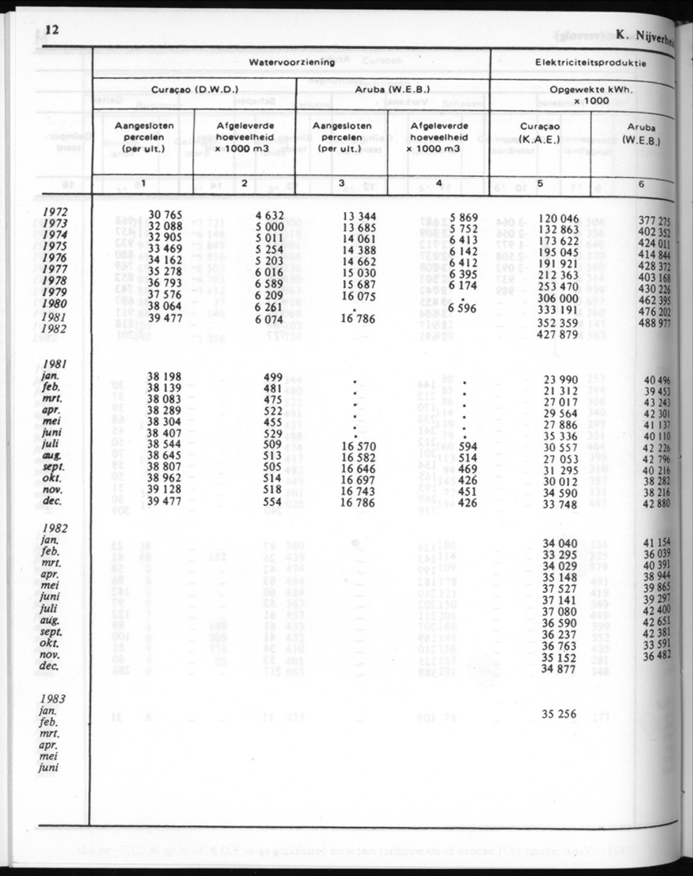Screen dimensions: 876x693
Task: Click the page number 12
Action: [x=53, y=31]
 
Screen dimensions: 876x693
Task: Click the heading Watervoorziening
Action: [x=291, y=62]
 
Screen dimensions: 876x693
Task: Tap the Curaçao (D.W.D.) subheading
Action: [x=194, y=89]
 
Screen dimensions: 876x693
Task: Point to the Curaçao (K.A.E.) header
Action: [x=540, y=133]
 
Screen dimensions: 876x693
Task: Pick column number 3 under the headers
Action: [x=342, y=184]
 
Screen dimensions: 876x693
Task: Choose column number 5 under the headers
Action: [x=540, y=184]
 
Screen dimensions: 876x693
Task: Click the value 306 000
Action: [x=558, y=299]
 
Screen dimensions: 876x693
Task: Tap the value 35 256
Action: [x=558, y=714]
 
